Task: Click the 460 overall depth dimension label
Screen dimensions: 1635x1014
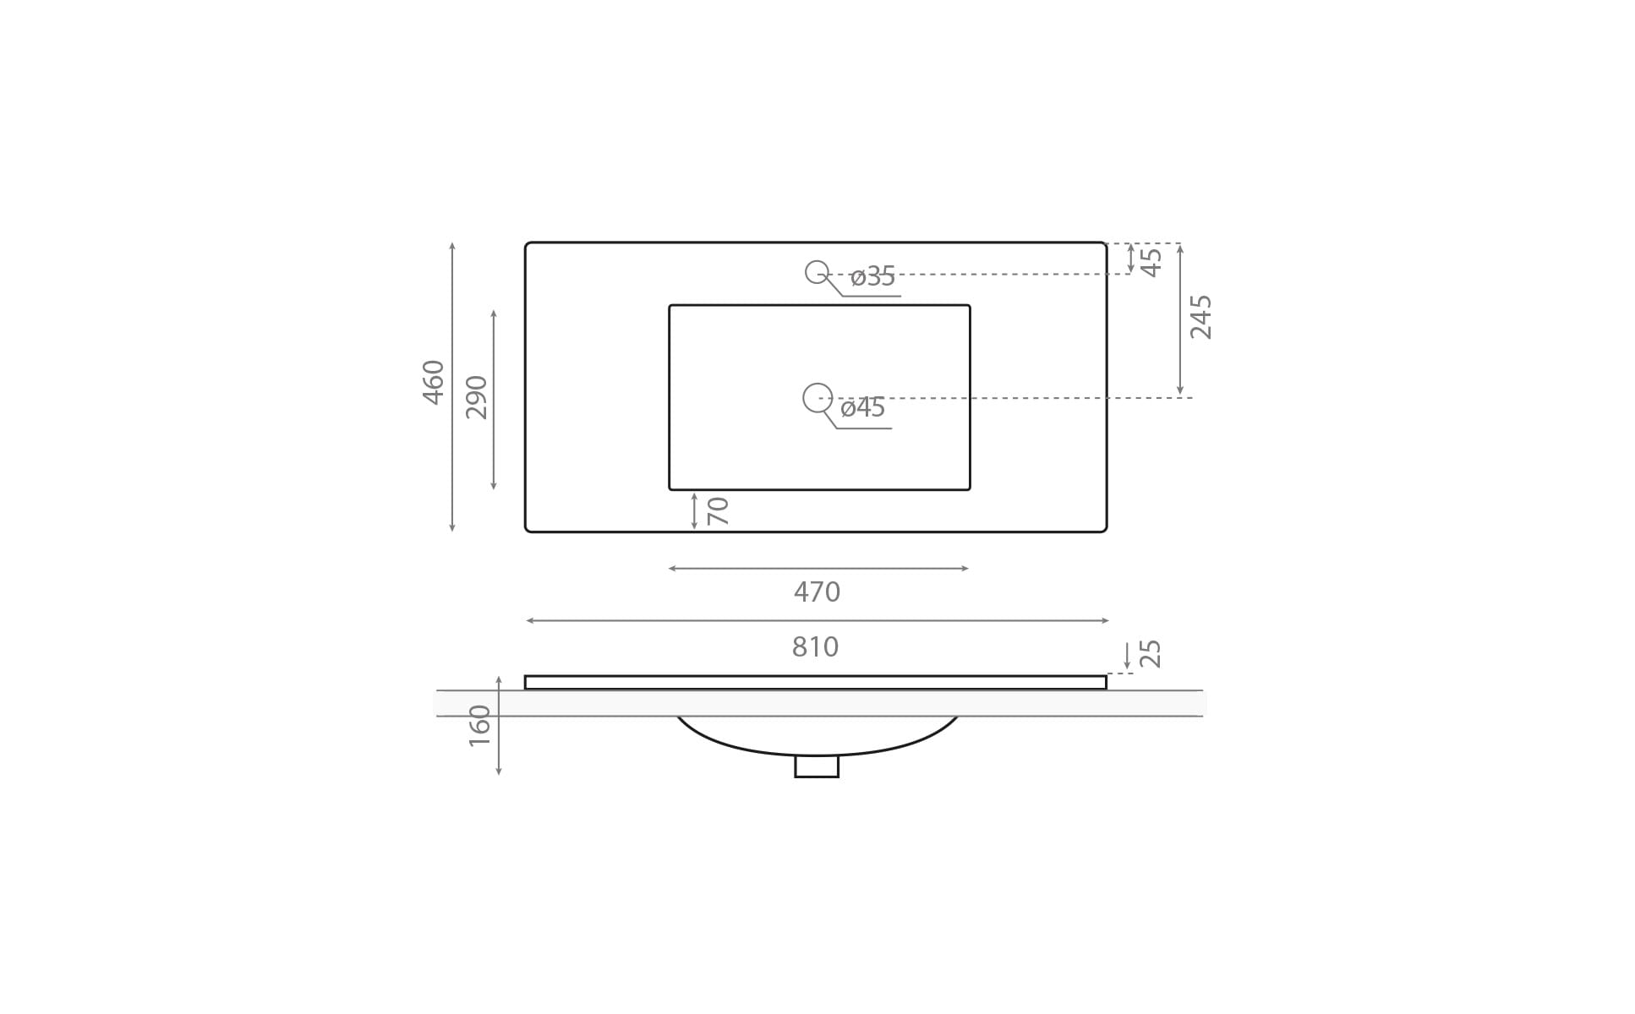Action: point(434,383)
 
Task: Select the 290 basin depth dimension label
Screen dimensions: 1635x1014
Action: point(477,397)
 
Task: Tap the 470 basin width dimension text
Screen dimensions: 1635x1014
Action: point(817,592)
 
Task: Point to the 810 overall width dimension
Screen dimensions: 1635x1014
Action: point(815,647)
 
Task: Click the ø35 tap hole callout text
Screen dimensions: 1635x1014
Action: point(872,276)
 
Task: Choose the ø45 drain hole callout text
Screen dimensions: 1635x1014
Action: point(863,407)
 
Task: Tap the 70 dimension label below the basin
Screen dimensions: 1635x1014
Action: point(718,510)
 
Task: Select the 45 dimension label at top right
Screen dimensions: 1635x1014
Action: point(1151,262)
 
